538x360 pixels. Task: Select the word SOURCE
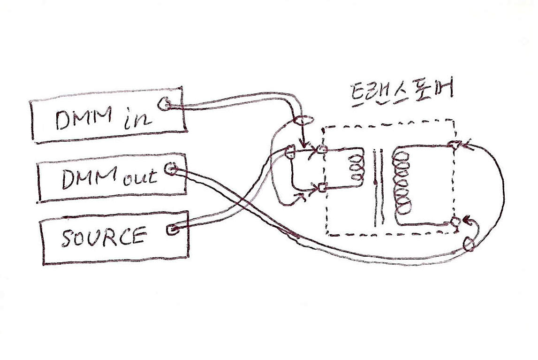(103, 237)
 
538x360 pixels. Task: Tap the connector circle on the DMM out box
(171, 169)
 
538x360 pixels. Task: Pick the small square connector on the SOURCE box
(172, 230)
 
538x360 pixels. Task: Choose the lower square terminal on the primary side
(322, 188)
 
